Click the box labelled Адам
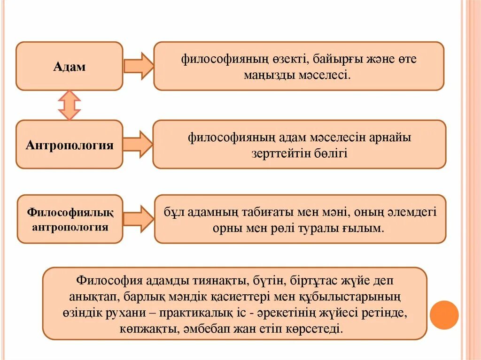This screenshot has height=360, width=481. (x=69, y=66)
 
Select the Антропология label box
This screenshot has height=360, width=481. (x=69, y=145)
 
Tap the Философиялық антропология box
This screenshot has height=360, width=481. (x=70, y=220)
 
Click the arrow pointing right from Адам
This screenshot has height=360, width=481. (x=139, y=66)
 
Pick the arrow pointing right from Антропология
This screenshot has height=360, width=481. (x=138, y=144)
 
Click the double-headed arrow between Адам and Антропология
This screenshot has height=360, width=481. (x=70, y=105)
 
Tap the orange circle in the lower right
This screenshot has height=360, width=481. (x=444, y=315)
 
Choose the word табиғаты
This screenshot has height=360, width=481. (x=267, y=212)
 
